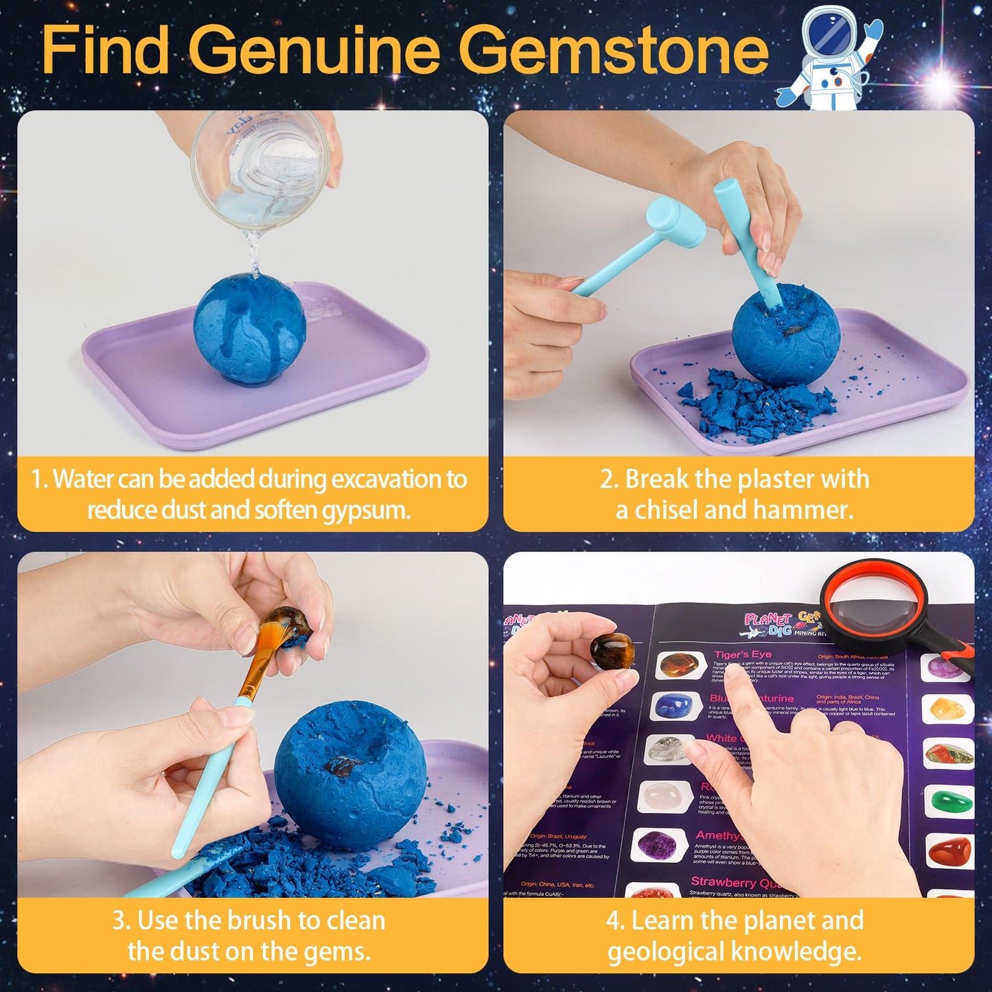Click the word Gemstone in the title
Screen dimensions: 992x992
point(613,49)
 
